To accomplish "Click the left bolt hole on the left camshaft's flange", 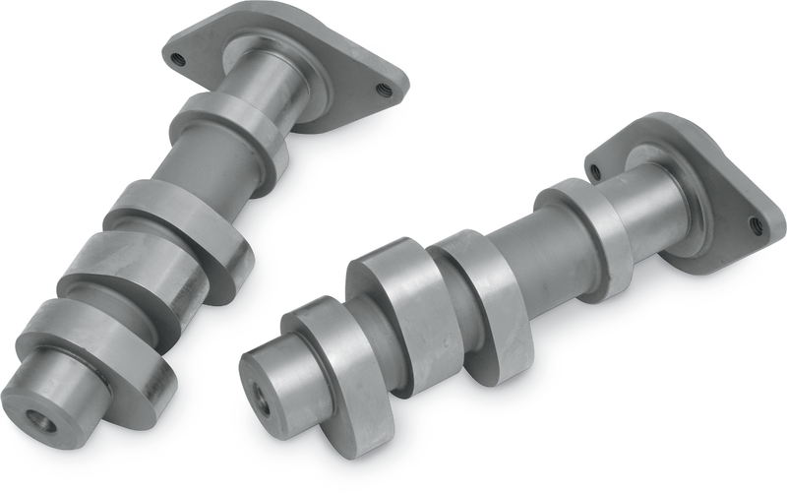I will (178, 57).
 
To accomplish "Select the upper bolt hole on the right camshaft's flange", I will (595, 171).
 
